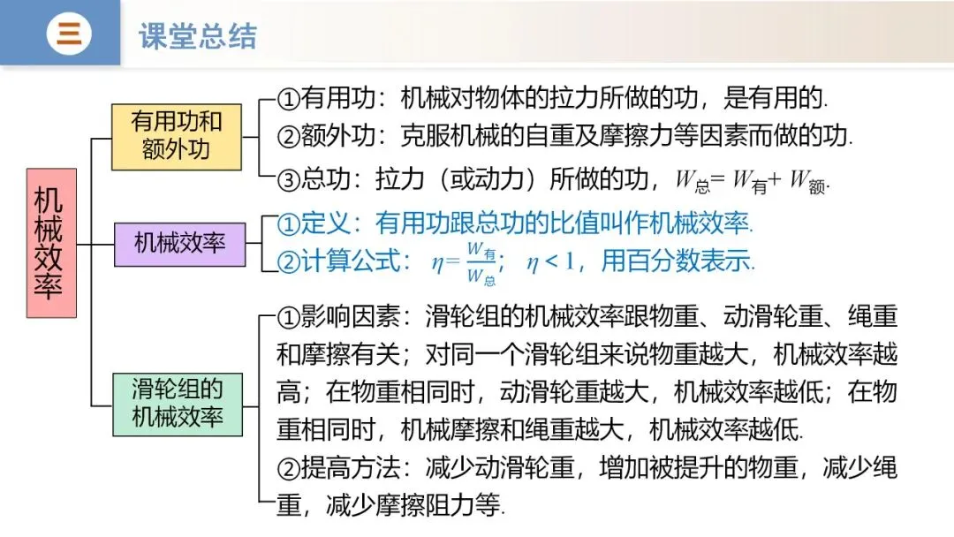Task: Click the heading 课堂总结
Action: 198,36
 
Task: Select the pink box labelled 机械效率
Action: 51,243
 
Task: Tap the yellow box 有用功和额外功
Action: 176,136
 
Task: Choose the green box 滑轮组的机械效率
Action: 177,403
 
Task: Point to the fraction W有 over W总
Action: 480,262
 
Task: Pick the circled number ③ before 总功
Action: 289,179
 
